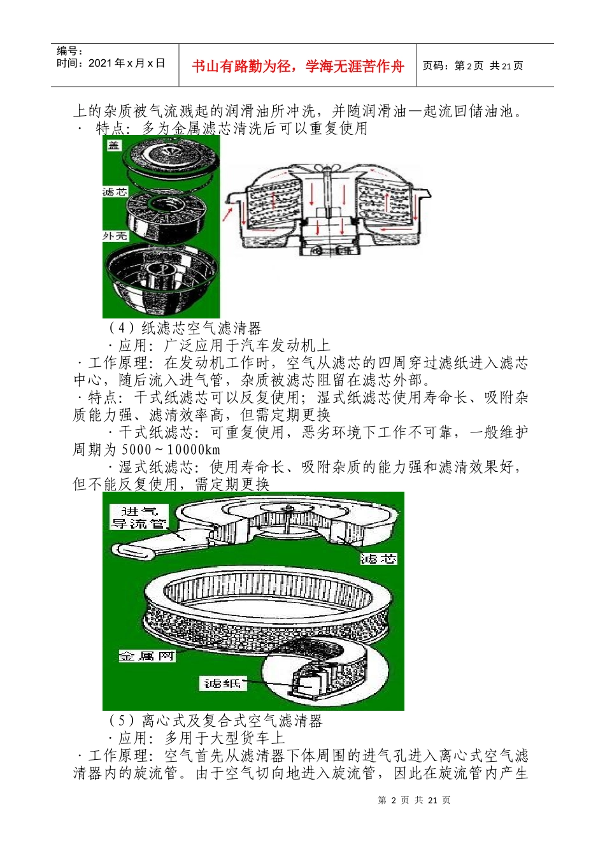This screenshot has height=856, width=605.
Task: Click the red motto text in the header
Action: pos(297,66)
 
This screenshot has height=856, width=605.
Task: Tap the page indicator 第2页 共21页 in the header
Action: pos(473,66)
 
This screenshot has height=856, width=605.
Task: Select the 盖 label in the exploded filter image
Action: pos(114,145)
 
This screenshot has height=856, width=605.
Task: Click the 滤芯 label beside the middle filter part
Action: pos(115,192)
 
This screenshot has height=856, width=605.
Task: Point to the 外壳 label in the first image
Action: pos(115,236)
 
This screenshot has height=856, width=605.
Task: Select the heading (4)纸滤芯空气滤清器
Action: pos(185,329)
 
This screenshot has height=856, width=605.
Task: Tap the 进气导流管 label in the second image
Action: pos(139,517)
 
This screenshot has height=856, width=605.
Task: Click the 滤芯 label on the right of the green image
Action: pos(378,559)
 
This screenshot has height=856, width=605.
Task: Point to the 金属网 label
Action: pos(146,655)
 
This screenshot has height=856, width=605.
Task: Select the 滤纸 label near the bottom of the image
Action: pos(222,683)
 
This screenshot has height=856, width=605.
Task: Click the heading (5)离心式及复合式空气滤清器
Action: pos(215,721)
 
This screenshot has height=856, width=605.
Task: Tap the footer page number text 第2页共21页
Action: pos(414,800)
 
